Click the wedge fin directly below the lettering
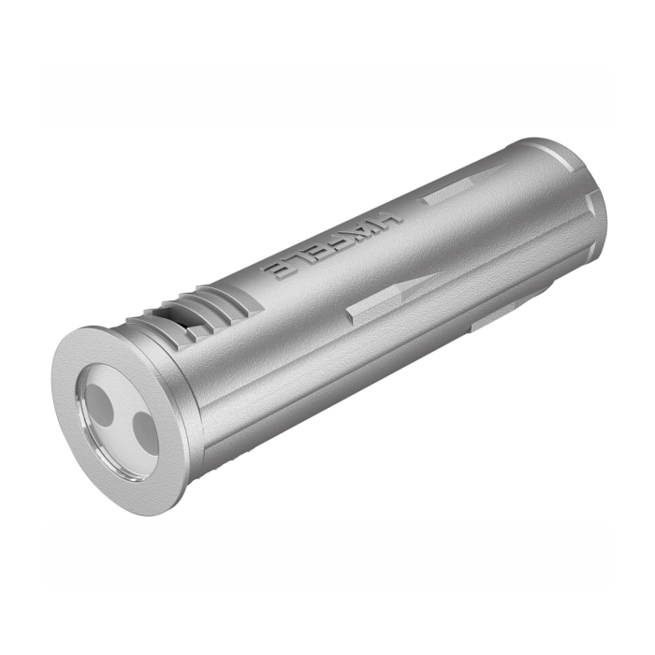pos(374,309)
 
